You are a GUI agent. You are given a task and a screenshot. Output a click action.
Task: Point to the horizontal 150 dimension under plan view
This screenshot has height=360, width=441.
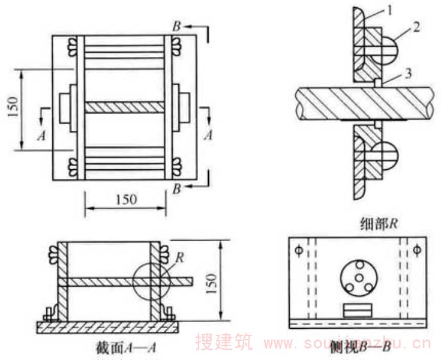pyautogui.click(x=125, y=199)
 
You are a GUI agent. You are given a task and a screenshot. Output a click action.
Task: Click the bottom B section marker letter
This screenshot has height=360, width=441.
pyautogui.click(x=177, y=189)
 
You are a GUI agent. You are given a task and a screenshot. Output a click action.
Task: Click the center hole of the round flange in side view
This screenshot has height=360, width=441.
pyautogui.click(x=357, y=277)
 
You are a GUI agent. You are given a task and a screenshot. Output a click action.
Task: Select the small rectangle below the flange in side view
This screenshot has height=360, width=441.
pyautogui.click(x=358, y=310)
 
